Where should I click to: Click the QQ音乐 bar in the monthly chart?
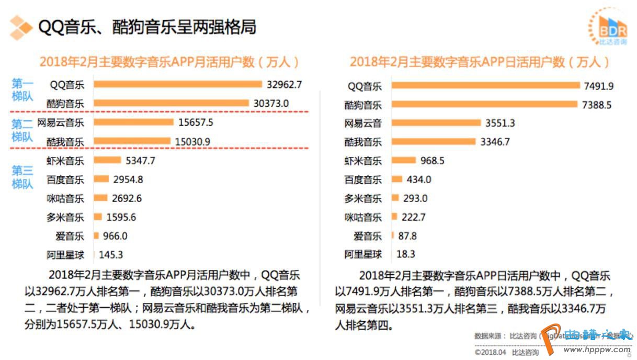pyautogui.click(x=178, y=84)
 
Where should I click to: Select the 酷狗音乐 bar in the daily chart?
pyautogui.click(x=484, y=105)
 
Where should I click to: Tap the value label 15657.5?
pyautogui.click(x=196, y=122)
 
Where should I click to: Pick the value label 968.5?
pyautogui.click(x=432, y=161)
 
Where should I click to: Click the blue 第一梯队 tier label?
pyautogui.click(x=22, y=89)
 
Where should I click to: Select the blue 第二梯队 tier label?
pyautogui.click(x=22, y=130)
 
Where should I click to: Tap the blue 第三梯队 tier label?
pyautogui.click(x=22, y=177)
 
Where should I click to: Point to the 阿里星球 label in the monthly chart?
pyautogui.click(x=65, y=255)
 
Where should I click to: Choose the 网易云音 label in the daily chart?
pyautogui.click(x=363, y=123)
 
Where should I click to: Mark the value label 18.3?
pyautogui.click(x=406, y=254)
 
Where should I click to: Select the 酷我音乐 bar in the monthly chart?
pyautogui.click(x=132, y=141)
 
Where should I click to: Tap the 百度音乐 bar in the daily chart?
pyautogui.click(x=397, y=179)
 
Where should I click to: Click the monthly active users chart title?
pyautogui.click(x=170, y=62)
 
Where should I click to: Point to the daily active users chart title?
pyautogui.click(x=480, y=62)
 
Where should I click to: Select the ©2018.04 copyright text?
pyautogui.click(x=491, y=352)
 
